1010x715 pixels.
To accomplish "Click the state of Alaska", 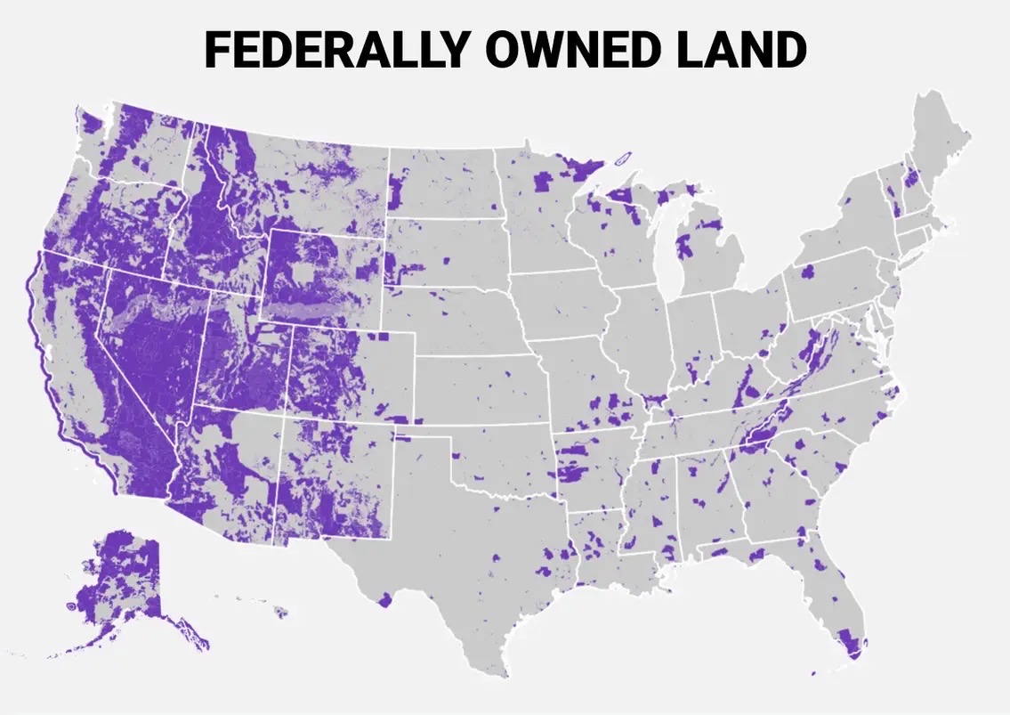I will click(x=120, y=579).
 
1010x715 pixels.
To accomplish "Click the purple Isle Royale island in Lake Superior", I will click(x=624, y=159).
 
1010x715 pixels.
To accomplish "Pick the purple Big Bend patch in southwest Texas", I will click(x=384, y=602).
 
